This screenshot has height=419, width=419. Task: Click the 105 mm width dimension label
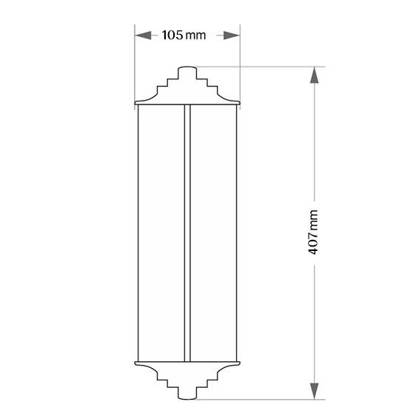[x=184, y=35]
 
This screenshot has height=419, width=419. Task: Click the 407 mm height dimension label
[x=313, y=232]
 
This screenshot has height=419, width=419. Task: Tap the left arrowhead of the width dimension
[x=143, y=36]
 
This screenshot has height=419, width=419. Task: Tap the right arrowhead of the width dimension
[x=232, y=36]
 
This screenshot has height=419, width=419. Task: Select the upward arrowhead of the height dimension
[x=314, y=75]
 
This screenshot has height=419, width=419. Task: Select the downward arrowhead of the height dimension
[x=314, y=391]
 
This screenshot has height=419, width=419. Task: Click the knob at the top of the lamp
[x=187, y=73]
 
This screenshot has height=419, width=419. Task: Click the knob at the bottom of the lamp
[x=187, y=393]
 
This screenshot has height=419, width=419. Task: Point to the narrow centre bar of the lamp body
[x=187, y=232]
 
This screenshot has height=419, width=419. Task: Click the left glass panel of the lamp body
[x=161, y=232]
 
